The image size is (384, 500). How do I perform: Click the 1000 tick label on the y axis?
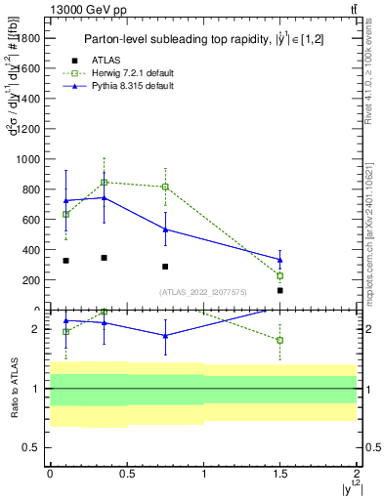click(x=29, y=158)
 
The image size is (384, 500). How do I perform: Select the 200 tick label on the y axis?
click(x=32, y=280)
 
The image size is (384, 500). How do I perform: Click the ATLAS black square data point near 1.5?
click(x=280, y=290)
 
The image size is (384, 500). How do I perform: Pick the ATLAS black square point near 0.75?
click(x=165, y=267)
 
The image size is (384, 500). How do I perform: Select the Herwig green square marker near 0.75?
click(x=165, y=187)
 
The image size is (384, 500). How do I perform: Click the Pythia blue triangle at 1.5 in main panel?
click(x=280, y=260)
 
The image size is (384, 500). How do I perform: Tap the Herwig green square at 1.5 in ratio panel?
click(x=280, y=340)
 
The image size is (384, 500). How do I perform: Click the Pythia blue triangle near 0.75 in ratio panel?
click(x=165, y=335)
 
